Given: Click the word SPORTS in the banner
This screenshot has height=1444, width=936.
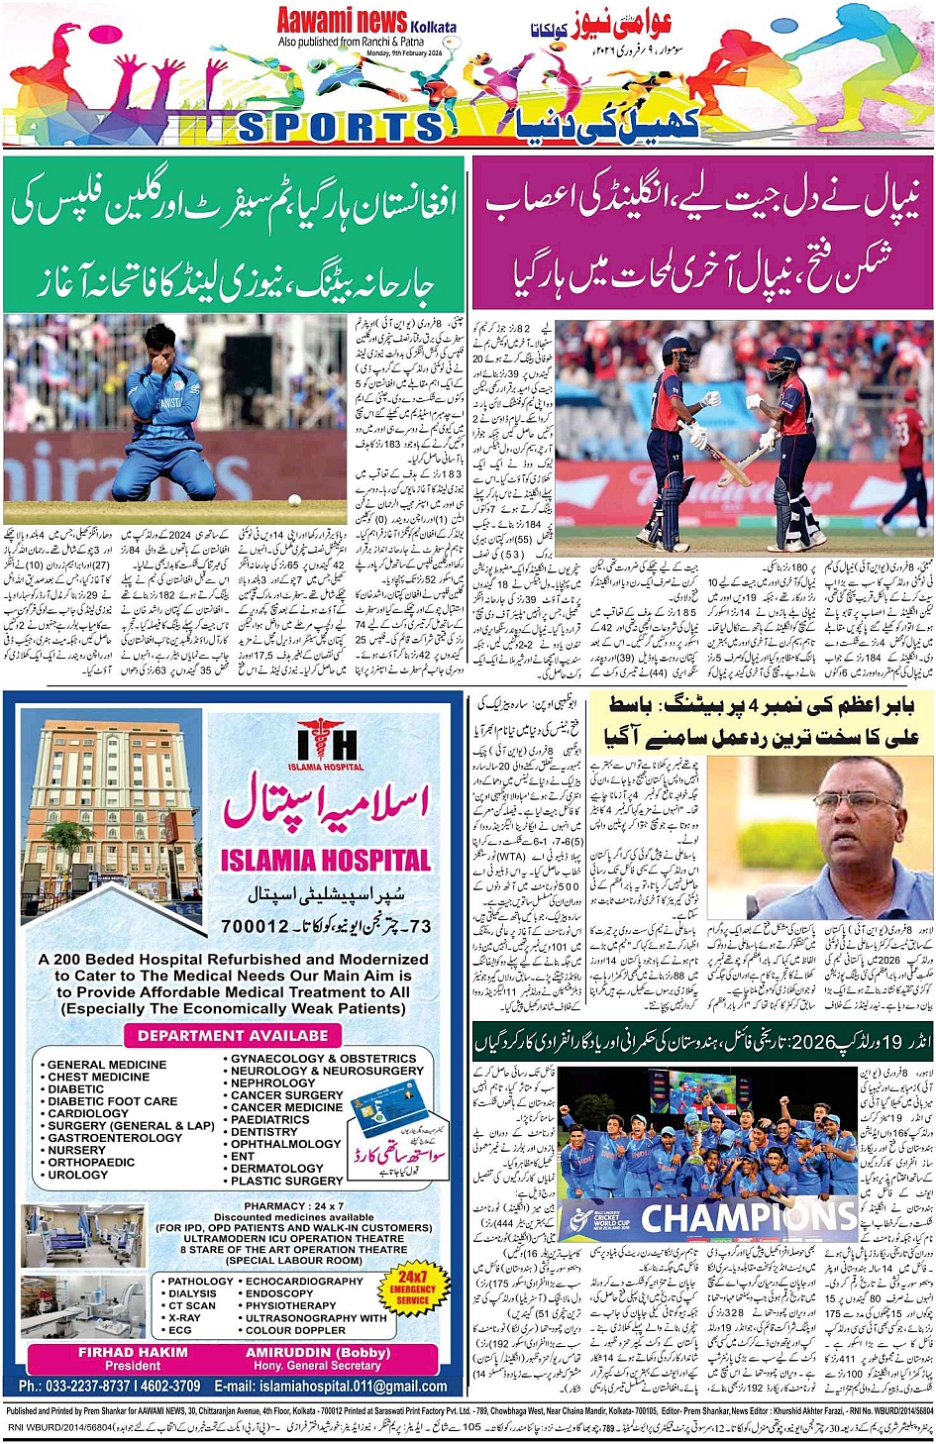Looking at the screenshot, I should pos(341,126).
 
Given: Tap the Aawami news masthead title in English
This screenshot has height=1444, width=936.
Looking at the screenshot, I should pos(342,20).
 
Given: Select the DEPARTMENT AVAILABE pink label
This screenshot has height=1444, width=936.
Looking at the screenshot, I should pos(233,1035).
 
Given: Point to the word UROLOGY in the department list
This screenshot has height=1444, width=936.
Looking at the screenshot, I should pos(78,1175).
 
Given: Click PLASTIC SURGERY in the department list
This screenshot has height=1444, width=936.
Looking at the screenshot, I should pos(286,1181).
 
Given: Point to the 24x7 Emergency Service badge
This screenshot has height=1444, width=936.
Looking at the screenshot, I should pos(412,1289).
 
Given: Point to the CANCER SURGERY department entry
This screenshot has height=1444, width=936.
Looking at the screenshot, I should pos(286,1095).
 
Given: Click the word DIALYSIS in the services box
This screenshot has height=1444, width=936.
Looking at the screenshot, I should pos(192,1293).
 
